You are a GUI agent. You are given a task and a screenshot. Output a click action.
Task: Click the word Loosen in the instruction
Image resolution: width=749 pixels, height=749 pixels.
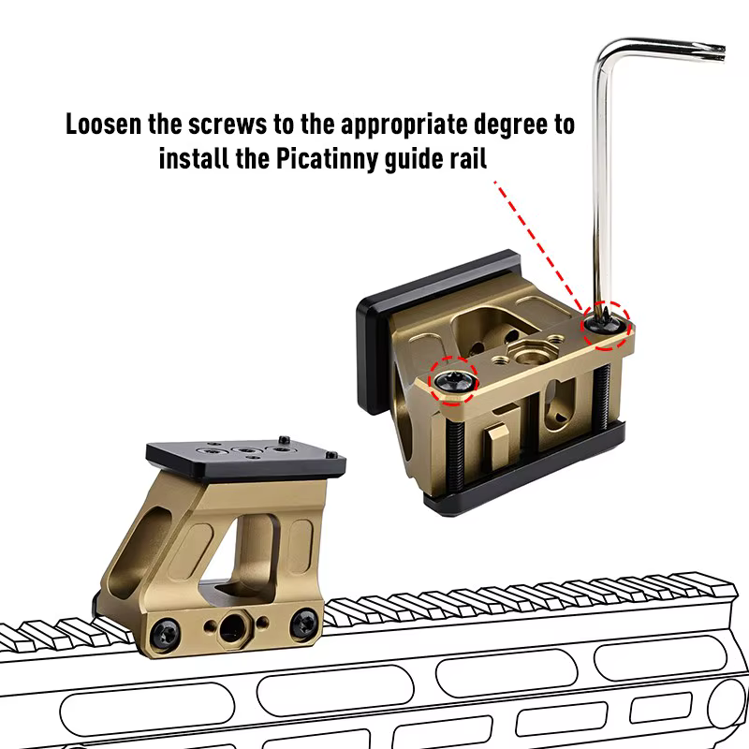tap(104, 125)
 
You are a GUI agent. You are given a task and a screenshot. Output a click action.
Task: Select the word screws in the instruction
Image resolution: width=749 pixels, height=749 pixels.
tap(228, 125)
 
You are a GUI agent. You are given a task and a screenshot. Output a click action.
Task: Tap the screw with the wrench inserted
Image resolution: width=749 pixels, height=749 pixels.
tap(604, 325)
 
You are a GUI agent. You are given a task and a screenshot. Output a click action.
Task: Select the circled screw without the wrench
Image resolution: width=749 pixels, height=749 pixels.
tap(453, 381)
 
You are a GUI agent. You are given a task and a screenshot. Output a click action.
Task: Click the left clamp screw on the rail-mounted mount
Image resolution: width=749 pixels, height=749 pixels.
tap(166, 634)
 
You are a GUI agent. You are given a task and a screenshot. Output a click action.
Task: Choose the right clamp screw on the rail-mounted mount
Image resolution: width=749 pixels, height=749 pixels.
tap(304, 622)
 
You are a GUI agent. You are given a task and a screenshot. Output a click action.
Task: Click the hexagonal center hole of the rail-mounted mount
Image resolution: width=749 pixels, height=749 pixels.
tap(232, 626)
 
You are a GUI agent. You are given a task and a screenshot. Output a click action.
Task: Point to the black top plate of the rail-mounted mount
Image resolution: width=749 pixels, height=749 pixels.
tap(246, 458)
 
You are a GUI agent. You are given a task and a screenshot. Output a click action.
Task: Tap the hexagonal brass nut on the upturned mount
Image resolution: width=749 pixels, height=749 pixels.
tap(526, 352)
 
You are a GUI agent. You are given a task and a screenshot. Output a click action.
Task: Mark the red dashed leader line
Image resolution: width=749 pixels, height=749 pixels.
tap(539, 246)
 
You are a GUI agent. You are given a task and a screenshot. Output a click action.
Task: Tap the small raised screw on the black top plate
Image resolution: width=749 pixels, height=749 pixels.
tap(285, 439)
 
